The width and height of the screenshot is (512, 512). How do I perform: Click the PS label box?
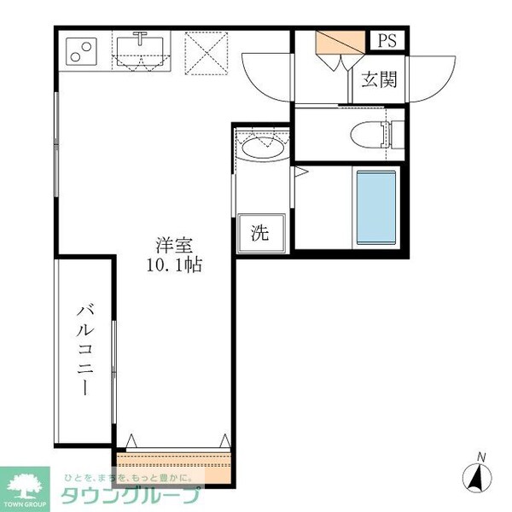tap(388, 40)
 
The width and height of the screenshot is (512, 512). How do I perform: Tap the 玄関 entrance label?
tap(378, 80)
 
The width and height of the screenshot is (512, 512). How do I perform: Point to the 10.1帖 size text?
tap(172, 265)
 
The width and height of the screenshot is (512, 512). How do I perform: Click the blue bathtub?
tap(376, 207)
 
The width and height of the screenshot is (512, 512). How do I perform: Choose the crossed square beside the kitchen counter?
tap(203, 52)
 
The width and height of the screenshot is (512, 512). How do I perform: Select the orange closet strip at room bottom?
tap(174, 464)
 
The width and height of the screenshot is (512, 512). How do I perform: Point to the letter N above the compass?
tap(481, 457)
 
